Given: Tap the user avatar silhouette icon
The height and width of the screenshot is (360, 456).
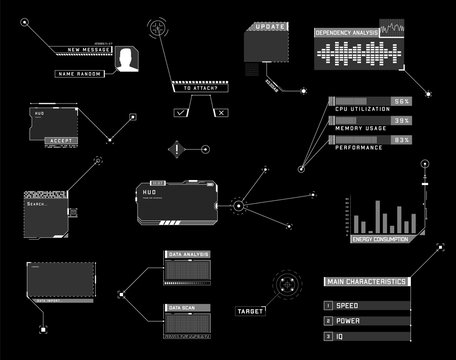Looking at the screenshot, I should (x=126, y=62).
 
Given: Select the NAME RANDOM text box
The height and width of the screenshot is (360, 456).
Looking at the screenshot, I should (x=81, y=74).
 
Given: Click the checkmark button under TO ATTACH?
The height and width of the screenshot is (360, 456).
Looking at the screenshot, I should (x=180, y=113).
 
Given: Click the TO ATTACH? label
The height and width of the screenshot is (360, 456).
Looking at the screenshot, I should (x=200, y=89).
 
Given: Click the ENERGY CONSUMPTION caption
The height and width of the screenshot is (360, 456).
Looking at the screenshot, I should (x=380, y=240).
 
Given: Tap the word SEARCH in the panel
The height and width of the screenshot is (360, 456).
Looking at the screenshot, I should (x=37, y=204).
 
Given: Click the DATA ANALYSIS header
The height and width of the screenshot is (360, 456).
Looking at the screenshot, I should (x=188, y=255).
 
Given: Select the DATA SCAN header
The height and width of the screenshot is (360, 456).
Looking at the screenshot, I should (x=183, y=307).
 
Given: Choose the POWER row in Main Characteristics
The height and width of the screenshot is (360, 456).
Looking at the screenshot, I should (x=364, y=322).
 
